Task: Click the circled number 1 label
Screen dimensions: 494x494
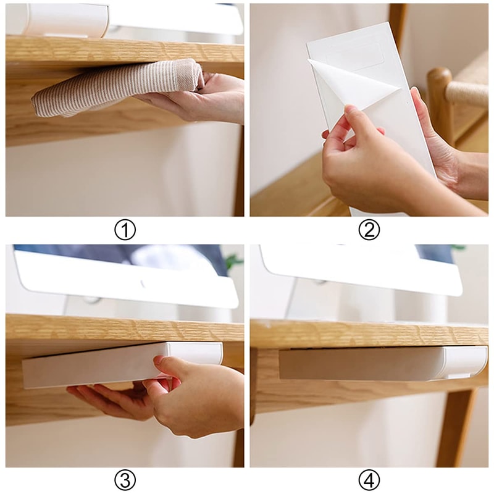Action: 125,230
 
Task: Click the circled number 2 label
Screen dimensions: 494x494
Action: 369,230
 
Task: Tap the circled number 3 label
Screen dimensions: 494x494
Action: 125,480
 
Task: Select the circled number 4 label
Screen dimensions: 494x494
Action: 369,480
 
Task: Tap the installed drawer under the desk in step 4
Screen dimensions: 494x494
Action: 371,363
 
